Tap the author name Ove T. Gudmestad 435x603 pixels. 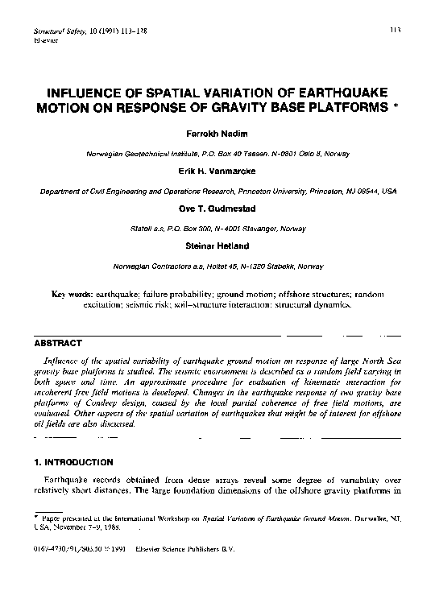coord(217,208)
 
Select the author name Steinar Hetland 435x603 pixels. coord(217,245)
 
